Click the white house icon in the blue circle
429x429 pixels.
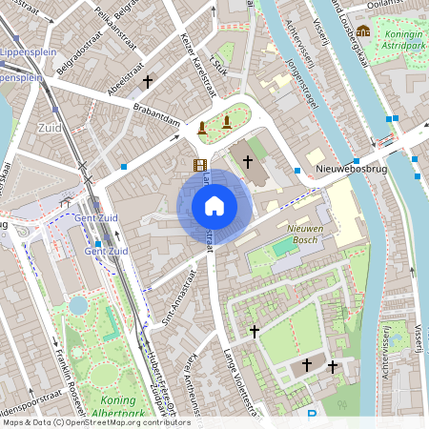coord(214,206)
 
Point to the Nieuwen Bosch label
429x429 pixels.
coord(315,235)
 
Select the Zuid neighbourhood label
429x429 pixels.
coord(49,126)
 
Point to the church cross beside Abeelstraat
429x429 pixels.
coord(147,83)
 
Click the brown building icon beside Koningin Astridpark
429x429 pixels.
coord(363,31)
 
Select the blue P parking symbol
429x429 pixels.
coord(312,415)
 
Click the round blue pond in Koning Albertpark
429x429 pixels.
coord(78,304)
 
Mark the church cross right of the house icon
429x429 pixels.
coord(248,162)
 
